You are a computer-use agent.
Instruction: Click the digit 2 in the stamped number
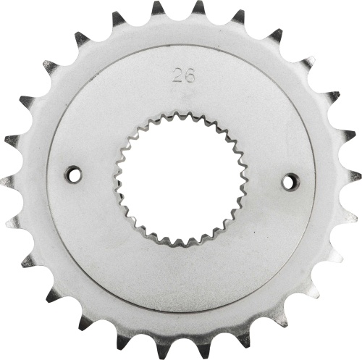click(176, 75)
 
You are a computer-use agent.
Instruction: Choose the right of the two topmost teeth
click(199, 9)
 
